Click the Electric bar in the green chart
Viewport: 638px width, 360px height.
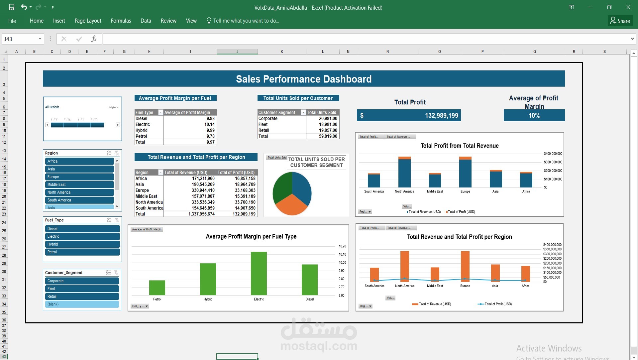[x=259, y=274]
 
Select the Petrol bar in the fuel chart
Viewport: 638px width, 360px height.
[x=157, y=288]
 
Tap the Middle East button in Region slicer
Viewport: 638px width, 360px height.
[x=79, y=184]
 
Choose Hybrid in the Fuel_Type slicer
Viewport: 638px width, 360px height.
[x=82, y=244]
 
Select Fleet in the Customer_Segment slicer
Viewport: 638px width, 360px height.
[x=82, y=289]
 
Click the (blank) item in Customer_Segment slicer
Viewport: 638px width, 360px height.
[x=82, y=304]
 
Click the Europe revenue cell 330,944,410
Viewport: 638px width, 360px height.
[x=203, y=190]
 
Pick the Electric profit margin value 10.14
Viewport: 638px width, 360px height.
[x=209, y=124]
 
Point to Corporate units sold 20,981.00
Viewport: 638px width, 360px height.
[x=328, y=118]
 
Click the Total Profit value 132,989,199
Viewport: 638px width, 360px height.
[x=441, y=116]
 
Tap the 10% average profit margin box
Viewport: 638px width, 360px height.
[x=534, y=116]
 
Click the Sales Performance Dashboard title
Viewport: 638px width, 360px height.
[x=303, y=79]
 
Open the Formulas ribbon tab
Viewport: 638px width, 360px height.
[x=121, y=21]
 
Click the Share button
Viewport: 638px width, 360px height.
[x=620, y=21]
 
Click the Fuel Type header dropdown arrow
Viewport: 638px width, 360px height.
[x=160, y=112]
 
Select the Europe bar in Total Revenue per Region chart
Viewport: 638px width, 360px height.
[x=465, y=267]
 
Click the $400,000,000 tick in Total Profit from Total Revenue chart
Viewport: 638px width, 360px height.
[x=553, y=154]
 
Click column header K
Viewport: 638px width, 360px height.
[x=282, y=52]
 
